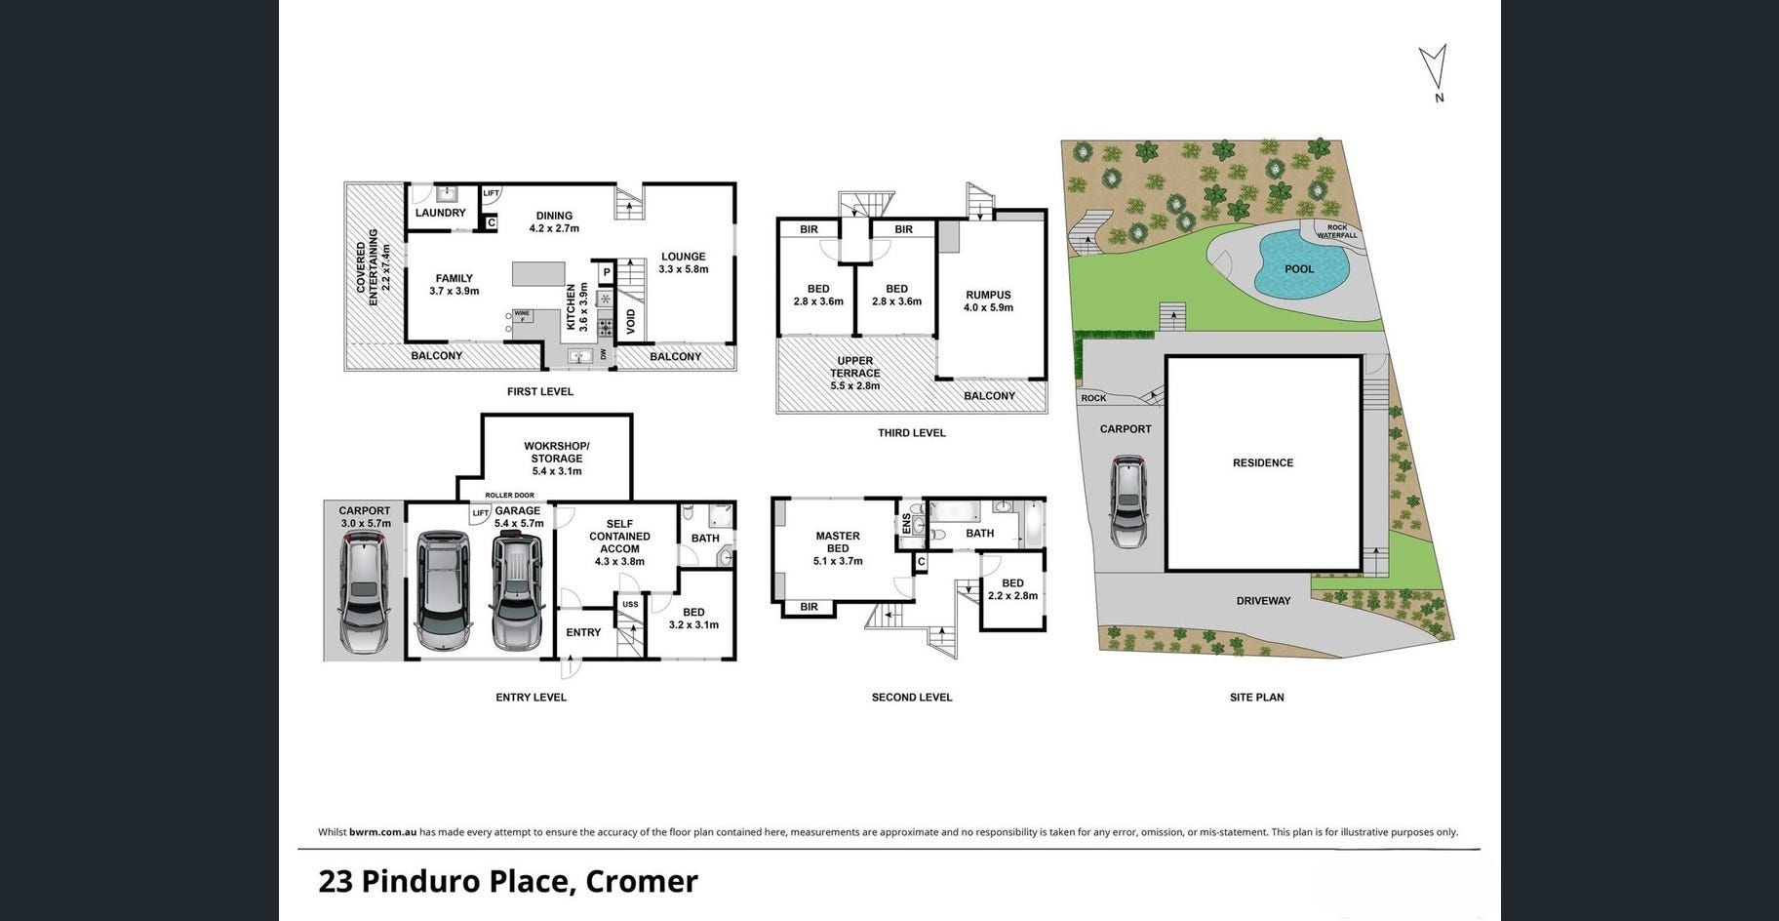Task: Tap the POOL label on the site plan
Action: coord(1299,269)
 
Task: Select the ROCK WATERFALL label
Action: coord(1337,231)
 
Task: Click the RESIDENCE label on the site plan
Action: coord(1263,462)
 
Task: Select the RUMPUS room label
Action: coord(988,295)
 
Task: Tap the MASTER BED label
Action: coord(838,541)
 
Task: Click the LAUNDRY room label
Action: coord(441,213)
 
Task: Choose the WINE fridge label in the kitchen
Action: coord(522,314)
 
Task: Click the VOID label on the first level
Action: coord(631,322)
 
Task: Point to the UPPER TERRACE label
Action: coord(855,367)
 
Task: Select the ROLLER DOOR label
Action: coord(509,496)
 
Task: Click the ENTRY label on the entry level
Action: coord(583,632)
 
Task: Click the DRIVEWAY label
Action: coord(1263,601)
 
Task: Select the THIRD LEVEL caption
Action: coord(912,433)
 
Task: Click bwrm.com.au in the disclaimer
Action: coord(383,832)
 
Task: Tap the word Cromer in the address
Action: coord(642,881)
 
